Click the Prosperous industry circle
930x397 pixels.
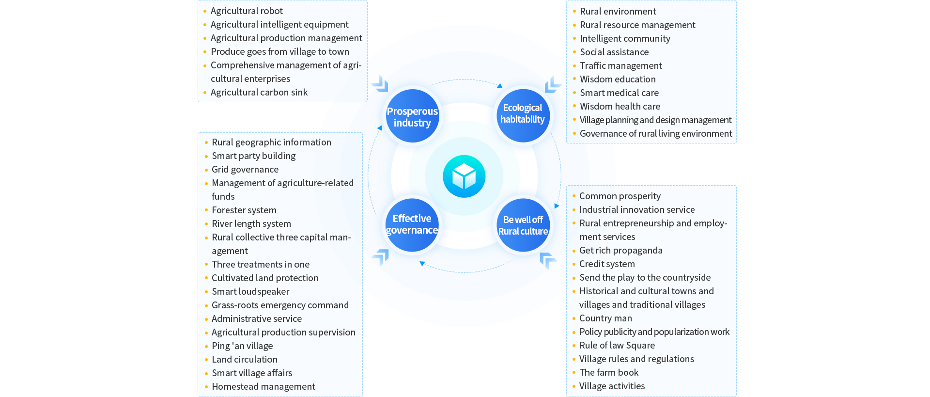[412, 117]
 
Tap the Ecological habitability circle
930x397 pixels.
[523, 114]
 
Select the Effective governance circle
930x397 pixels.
[412, 224]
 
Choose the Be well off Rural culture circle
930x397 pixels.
[523, 225]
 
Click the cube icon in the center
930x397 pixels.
[464, 176]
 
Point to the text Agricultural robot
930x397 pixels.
[247, 11]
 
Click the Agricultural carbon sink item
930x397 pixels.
[259, 93]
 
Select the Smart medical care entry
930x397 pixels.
[619, 93]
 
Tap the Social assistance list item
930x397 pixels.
[614, 52]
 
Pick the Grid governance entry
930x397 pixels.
[245, 170]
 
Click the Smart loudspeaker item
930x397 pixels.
[250, 292]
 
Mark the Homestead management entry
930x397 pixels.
[263, 387]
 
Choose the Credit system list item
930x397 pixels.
[607, 264]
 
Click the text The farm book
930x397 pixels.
[609, 373]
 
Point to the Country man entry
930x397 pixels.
[605, 318]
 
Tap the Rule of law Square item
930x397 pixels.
[617, 346]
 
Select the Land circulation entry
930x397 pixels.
[245, 360]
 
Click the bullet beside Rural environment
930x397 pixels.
[574, 11]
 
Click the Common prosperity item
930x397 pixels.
[620, 196]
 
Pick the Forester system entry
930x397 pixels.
[244, 210]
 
